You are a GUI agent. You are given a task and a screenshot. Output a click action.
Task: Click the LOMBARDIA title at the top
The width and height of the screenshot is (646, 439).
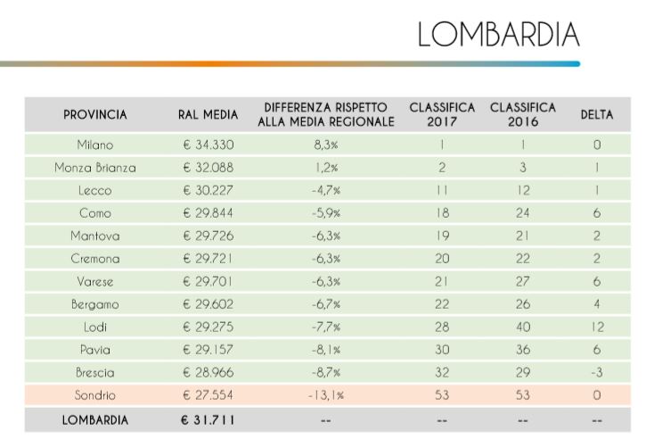click(498, 34)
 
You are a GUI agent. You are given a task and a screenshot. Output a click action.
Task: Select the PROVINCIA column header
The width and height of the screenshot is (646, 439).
click(95, 115)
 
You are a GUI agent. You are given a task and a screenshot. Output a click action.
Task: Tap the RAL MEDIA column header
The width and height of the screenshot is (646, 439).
click(208, 115)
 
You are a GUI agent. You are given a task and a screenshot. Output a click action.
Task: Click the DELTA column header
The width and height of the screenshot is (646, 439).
click(596, 115)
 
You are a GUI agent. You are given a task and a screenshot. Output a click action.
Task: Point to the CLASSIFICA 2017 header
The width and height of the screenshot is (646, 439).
click(442, 115)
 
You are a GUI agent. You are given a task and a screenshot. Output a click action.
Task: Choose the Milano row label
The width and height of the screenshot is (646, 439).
click(95, 145)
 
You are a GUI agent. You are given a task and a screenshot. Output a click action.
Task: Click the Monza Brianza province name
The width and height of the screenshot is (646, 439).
click(95, 168)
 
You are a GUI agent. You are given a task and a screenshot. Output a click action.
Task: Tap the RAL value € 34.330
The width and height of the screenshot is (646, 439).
click(208, 145)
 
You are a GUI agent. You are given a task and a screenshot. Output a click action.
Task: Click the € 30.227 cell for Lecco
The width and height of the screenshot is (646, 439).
click(208, 190)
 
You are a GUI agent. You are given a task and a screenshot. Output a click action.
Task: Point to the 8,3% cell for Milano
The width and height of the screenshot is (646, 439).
click(325, 145)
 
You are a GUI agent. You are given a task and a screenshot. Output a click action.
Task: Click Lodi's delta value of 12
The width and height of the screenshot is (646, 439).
click(596, 327)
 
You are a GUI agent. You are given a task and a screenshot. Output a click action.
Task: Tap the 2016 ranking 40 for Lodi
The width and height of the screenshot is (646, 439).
click(523, 327)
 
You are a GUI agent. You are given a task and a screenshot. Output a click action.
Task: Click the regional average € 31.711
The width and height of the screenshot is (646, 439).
click(208, 419)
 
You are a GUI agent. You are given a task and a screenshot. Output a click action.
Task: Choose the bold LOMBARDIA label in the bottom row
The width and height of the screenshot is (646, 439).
click(95, 419)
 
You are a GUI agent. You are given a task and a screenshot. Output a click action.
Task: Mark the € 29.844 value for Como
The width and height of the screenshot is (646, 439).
click(208, 213)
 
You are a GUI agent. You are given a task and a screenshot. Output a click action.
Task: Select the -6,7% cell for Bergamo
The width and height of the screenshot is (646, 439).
click(325, 304)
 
